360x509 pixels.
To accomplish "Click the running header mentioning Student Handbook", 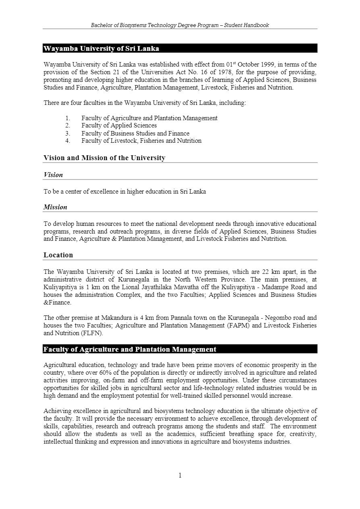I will click(x=180, y=25).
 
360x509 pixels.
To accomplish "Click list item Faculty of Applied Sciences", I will click(x=119, y=125).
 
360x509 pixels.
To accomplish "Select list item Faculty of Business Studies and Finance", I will click(x=135, y=133).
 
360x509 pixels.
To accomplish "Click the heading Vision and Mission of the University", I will click(x=104, y=158).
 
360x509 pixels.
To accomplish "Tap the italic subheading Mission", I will click(x=55, y=207).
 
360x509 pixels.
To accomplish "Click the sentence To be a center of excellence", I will click(x=125, y=192).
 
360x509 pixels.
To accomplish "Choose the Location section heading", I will click(x=58, y=255).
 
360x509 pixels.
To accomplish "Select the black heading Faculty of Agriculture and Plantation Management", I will click(x=130, y=349).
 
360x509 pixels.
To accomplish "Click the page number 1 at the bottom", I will click(x=180, y=475).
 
